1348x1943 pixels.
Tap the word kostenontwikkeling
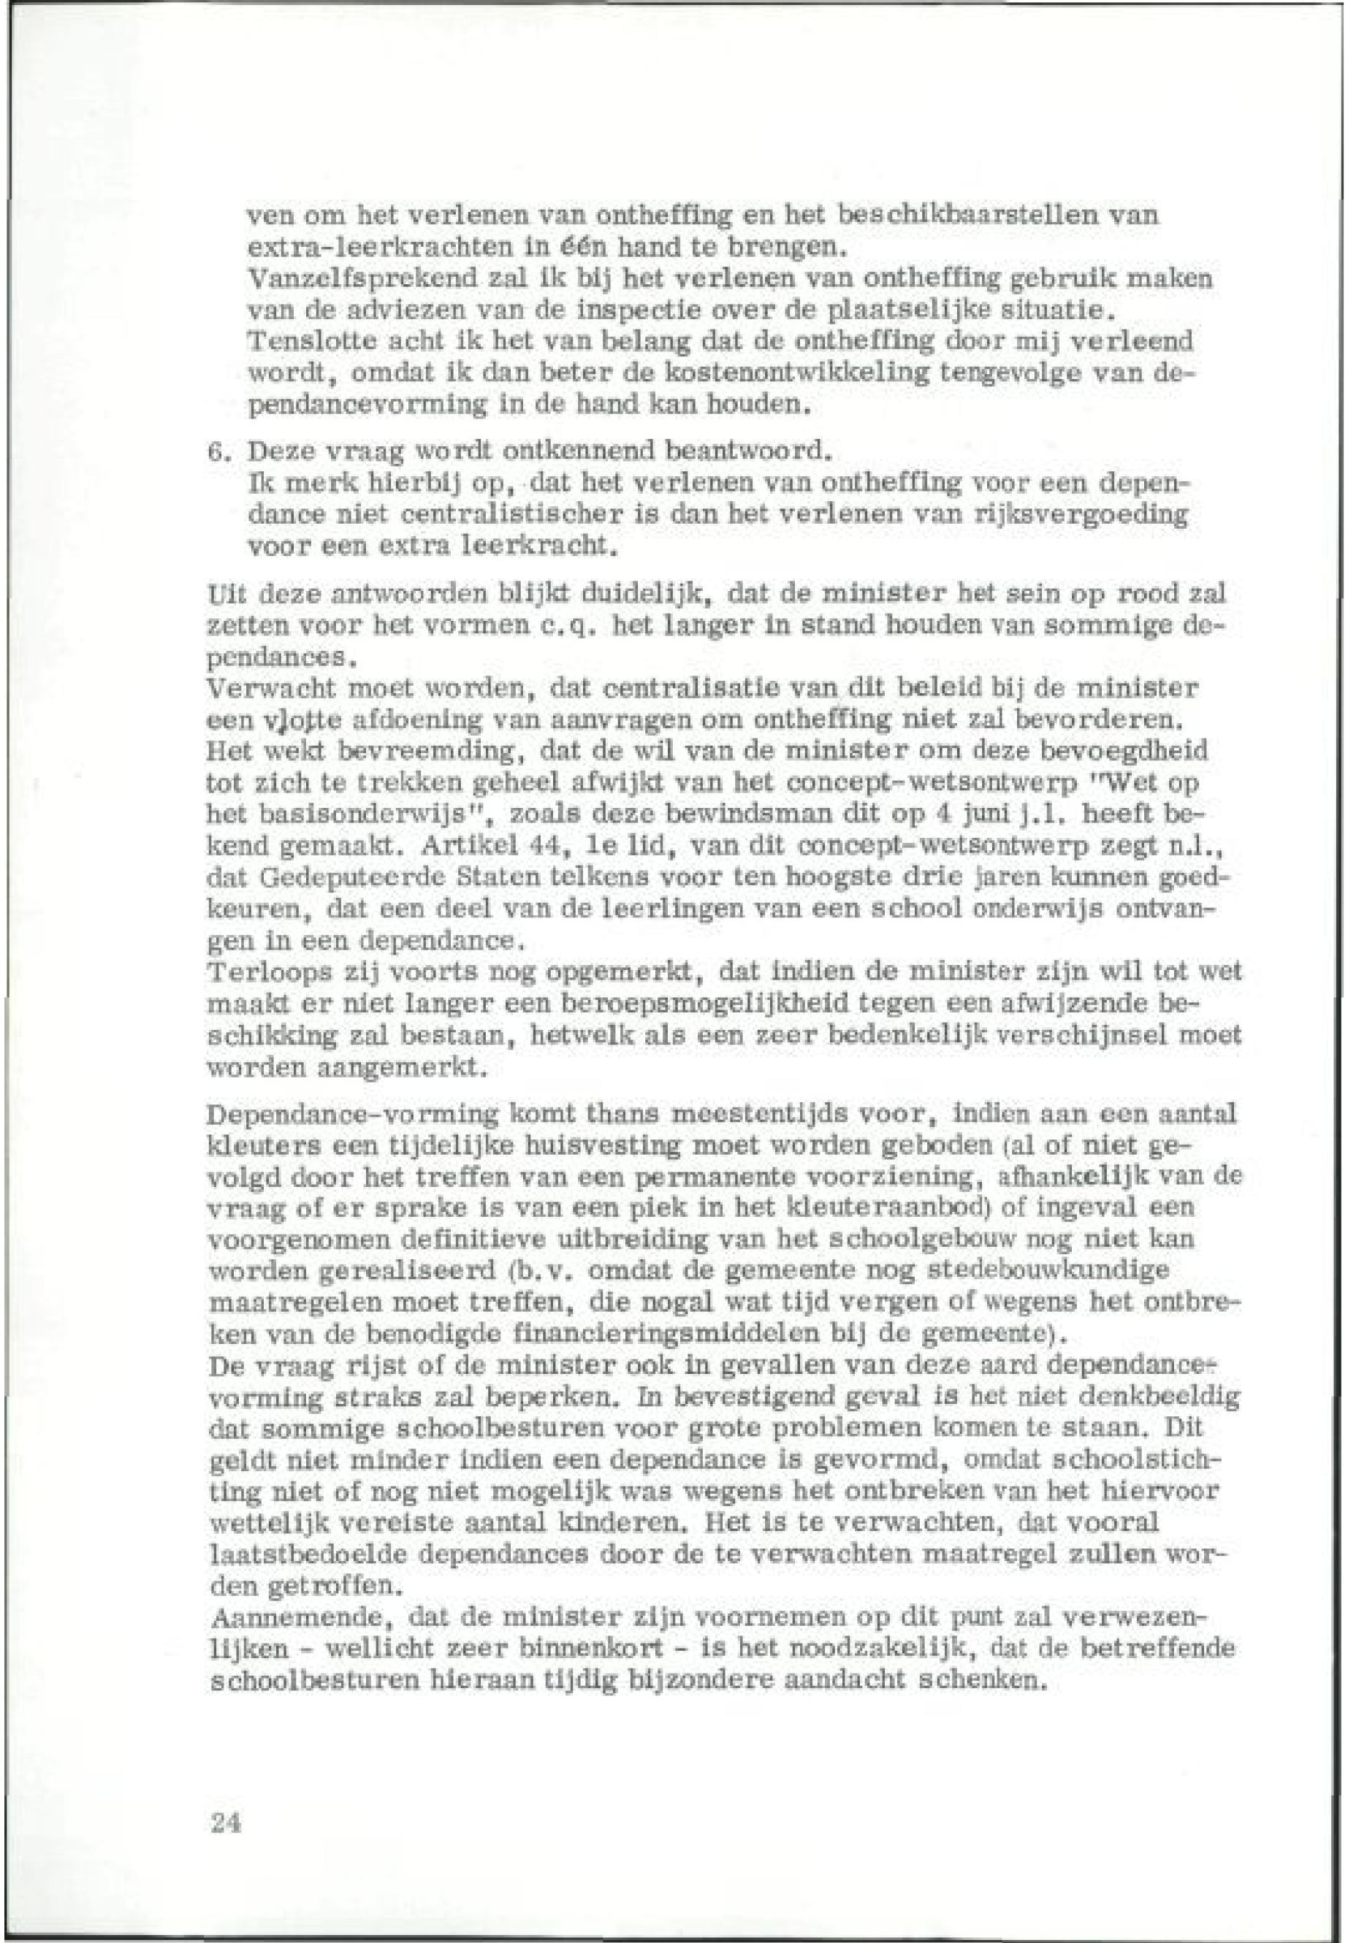pos(777,373)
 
